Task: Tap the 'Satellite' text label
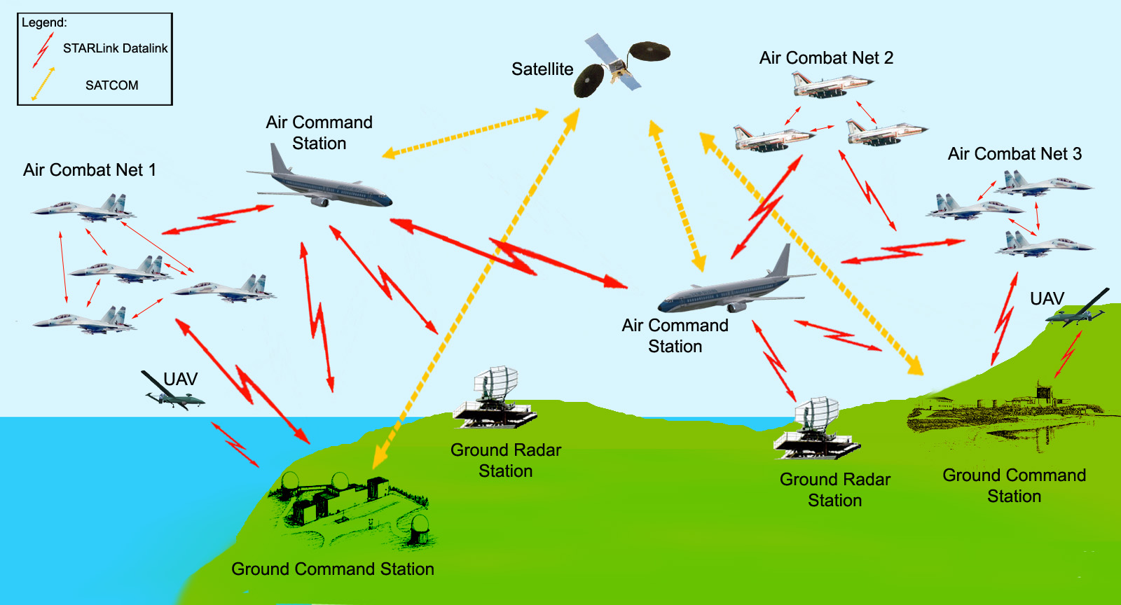click(542, 69)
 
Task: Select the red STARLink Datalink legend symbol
click(43, 50)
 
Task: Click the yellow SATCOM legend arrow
click(43, 84)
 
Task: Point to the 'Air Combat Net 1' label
click(89, 170)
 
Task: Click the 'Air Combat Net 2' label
click(826, 58)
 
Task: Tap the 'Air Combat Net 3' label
click(1014, 154)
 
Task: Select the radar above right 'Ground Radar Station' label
click(817, 429)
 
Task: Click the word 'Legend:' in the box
click(44, 22)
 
